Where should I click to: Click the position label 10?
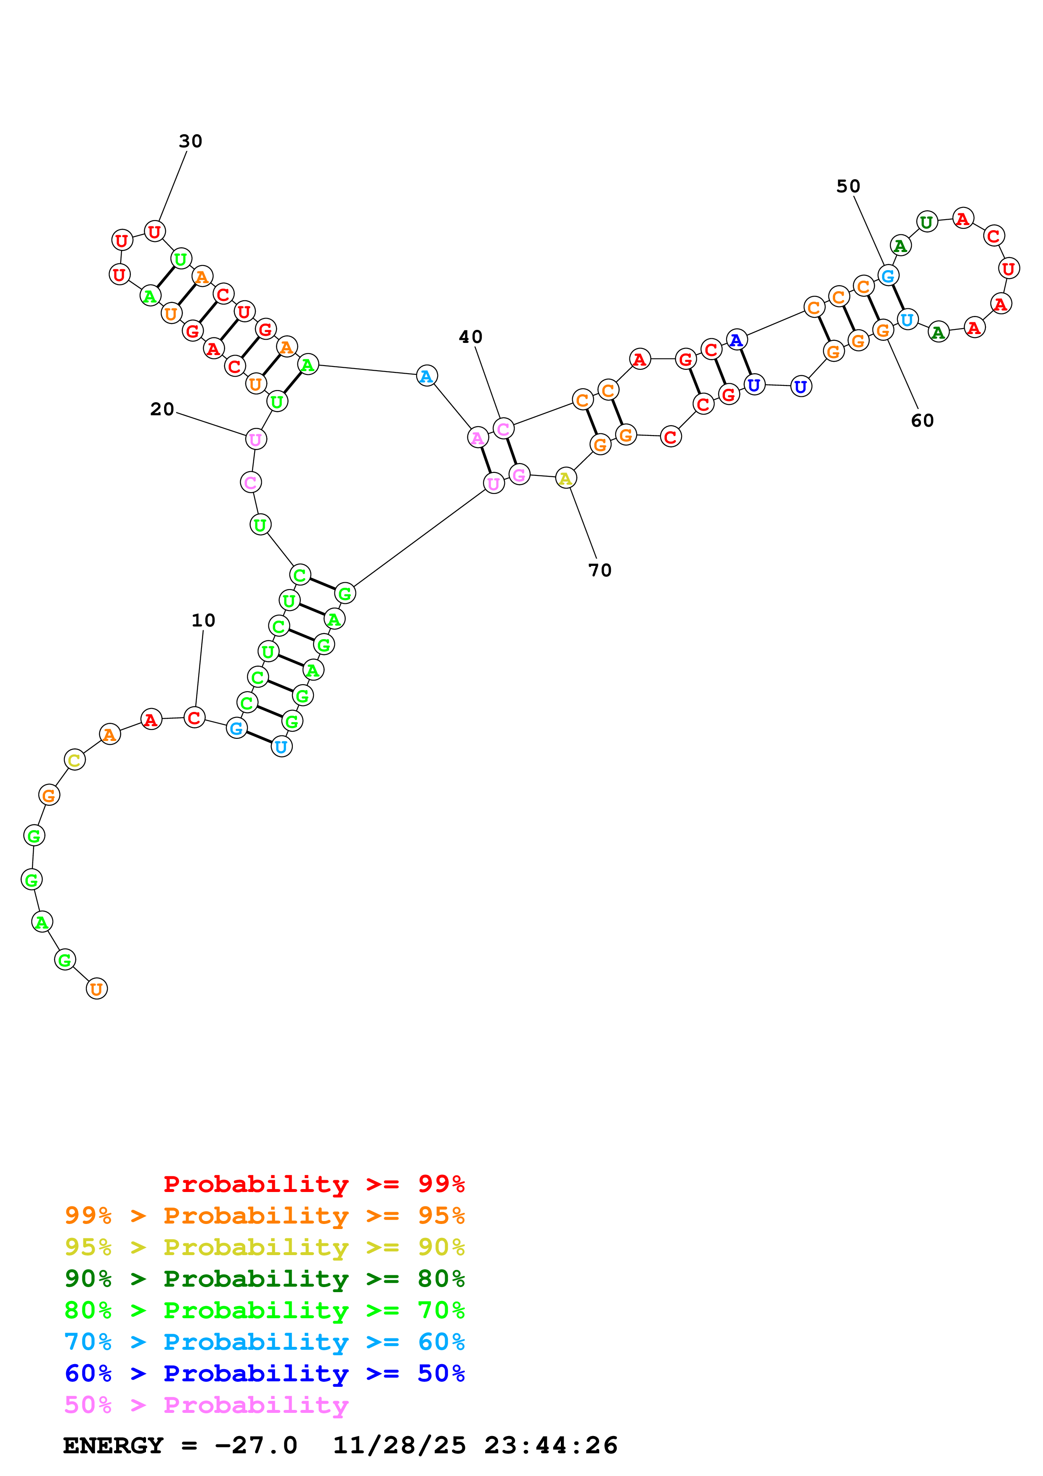pyautogui.click(x=203, y=620)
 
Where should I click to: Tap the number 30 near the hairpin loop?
pyautogui.click(x=190, y=141)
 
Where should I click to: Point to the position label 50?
pyautogui.click(x=848, y=186)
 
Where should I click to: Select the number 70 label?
pyautogui.click(x=600, y=570)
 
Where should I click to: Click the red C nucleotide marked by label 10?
pyautogui.click(x=194, y=717)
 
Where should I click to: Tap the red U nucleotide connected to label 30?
pyautogui.click(x=154, y=231)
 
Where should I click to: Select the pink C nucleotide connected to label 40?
pyautogui.click(x=503, y=428)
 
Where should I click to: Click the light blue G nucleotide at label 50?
pyautogui.click(x=887, y=276)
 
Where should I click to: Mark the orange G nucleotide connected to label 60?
pyautogui.click(x=883, y=330)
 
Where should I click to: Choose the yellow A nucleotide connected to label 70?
pyautogui.click(x=565, y=478)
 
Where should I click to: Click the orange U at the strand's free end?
pyautogui.click(x=96, y=989)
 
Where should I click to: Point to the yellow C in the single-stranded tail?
pyautogui.click(x=74, y=760)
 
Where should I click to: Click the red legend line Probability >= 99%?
pyautogui.click(x=313, y=1184)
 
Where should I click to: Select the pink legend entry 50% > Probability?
pyautogui.click(x=206, y=1404)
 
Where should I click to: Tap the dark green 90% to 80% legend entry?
pyautogui.click(x=264, y=1279)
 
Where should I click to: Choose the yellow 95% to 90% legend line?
pyautogui.click(x=264, y=1247)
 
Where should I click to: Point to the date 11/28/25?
pyautogui.click(x=398, y=1445)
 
